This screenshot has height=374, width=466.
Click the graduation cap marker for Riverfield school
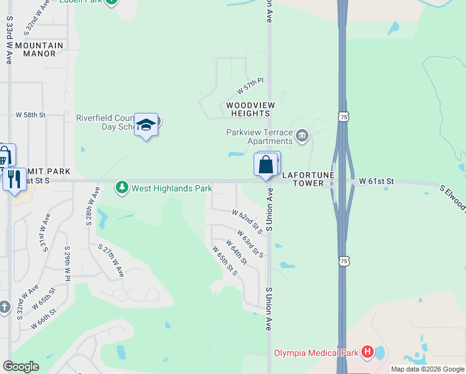146,125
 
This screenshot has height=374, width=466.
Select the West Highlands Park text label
171,188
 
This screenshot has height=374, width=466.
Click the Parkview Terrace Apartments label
259,137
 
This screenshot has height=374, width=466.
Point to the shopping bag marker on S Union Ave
266,165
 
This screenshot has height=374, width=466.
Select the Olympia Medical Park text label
316,353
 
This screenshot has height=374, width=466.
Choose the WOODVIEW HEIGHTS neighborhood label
250,110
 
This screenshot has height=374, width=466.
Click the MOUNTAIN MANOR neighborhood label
39,50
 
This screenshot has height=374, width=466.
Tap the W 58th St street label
31,115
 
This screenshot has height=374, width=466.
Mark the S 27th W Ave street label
111,260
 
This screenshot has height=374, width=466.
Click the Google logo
21,367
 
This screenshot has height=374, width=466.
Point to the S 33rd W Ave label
9,41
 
